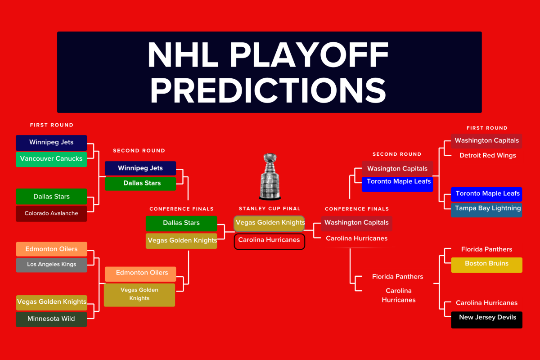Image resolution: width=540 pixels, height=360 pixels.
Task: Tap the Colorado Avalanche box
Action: point(51,214)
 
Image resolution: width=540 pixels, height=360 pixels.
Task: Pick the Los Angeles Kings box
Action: point(51,265)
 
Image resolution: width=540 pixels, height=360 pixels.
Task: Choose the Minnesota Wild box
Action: point(51,319)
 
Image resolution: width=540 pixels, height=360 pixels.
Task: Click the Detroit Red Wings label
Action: point(487,156)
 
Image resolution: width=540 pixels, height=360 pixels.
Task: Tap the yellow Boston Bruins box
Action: point(486,264)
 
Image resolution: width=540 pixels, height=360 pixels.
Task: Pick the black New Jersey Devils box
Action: point(486,319)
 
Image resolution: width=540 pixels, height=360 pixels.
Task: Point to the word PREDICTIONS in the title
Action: point(269,90)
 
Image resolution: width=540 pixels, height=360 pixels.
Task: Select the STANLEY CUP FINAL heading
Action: point(270,209)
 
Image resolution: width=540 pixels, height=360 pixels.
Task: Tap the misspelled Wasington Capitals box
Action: point(397,169)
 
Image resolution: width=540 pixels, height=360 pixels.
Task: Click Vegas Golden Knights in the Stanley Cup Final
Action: point(270,223)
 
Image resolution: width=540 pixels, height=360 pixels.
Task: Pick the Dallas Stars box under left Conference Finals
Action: point(181,223)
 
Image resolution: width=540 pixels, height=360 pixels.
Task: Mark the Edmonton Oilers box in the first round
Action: point(51,249)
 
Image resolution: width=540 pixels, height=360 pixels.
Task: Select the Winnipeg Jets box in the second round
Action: point(140,168)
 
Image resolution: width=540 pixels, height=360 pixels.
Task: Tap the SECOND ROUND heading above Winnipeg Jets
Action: point(139,151)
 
